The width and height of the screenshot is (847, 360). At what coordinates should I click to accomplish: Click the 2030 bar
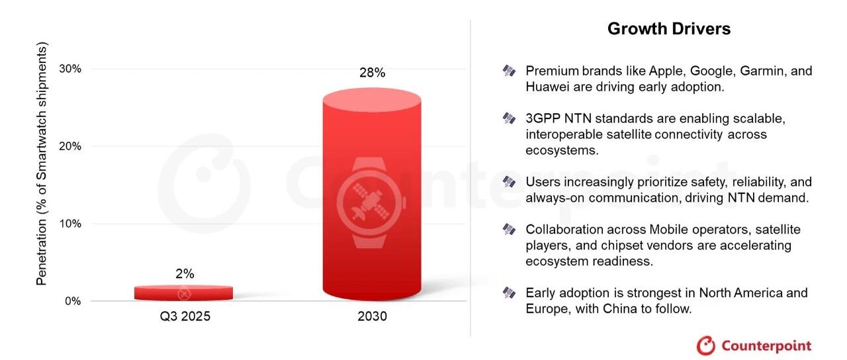(x=372, y=195)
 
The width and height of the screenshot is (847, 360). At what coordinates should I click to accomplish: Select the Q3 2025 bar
(x=183, y=293)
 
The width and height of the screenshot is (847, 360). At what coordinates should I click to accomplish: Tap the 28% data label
(x=372, y=73)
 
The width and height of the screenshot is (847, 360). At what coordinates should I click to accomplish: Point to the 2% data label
(x=185, y=273)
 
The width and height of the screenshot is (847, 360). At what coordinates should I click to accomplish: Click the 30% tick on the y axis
(x=70, y=69)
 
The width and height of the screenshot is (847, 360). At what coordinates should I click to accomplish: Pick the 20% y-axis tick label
(x=70, y=146)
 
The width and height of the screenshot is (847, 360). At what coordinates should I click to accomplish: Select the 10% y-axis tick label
(x=70, y=224)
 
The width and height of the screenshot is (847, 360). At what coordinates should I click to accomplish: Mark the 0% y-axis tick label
(x=73, y=301)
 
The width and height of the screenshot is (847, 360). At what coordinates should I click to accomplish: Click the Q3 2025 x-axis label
(x=185, y=316)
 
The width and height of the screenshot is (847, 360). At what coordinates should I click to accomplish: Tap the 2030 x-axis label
(x=372, y=316)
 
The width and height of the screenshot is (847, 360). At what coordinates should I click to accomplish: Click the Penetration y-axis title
(x=42, y=163)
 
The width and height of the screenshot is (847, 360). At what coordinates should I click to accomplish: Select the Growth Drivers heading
(x=669, y=28)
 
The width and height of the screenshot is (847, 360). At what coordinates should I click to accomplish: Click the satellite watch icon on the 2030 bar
(x=371, y=202)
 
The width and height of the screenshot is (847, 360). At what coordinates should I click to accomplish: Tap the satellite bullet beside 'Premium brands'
(x=509, y=71)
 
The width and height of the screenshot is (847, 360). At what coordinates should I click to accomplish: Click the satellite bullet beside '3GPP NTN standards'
(x=509, y=118)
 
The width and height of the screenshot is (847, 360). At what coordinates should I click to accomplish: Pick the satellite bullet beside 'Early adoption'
(x=509, y=292)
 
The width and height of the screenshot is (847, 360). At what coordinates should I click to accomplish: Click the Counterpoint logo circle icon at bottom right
(x=705, y=345)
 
